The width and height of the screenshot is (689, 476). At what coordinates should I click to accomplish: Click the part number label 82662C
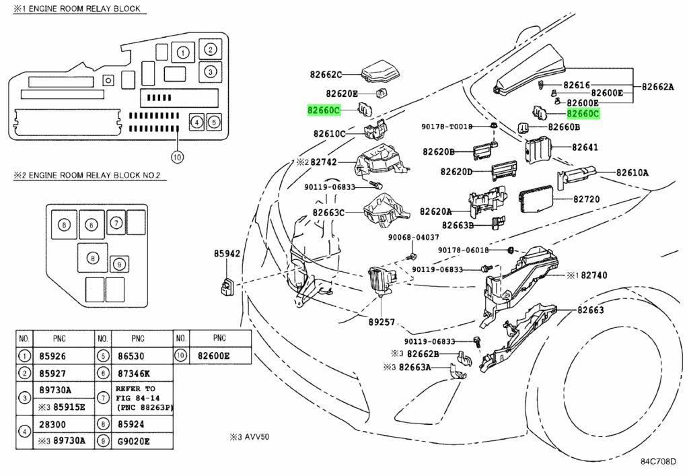(326, 75)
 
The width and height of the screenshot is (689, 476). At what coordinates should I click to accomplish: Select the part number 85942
(227, 254)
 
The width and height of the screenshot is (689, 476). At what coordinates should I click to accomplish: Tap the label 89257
(382, 322)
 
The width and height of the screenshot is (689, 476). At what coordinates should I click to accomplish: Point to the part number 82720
(586, 199)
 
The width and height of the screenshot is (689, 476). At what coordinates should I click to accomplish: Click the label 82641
(585, 147)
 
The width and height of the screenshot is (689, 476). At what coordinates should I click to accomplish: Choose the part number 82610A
(632, 173)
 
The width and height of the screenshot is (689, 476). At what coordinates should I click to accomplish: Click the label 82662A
(657, 87)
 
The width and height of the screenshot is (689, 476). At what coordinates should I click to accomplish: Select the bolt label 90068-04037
(414, 238)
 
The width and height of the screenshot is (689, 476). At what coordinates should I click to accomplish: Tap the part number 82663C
(328, 213)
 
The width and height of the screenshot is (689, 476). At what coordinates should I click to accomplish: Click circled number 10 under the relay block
(177, 157)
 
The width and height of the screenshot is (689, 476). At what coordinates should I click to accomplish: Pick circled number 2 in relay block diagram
(210, 49)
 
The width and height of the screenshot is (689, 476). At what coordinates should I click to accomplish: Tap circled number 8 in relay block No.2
(92, 258)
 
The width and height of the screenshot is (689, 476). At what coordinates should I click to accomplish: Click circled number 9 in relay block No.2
(119, 265)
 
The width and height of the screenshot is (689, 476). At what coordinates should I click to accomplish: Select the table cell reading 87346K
(134, 374)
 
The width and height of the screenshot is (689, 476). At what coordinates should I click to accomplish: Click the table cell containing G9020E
(134, 441)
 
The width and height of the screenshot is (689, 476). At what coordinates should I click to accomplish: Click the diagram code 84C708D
(658, 461)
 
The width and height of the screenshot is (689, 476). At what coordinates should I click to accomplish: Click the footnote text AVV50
(256, 437)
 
